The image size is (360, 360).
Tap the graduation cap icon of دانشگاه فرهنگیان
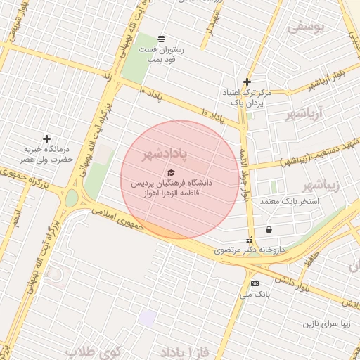170,172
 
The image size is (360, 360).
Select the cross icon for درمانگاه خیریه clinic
46,139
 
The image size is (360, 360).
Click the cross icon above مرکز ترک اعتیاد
247,82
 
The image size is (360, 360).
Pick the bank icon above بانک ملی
255,283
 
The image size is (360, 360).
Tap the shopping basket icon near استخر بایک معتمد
269,229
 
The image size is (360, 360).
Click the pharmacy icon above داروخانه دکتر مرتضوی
248,240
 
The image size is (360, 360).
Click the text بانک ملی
255,295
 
